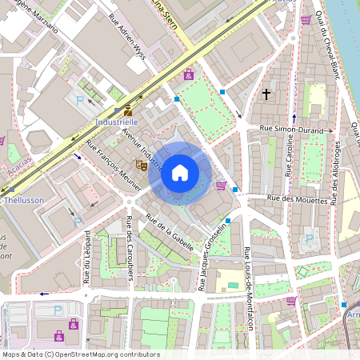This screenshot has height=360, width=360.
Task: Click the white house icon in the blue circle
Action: pos(180,172)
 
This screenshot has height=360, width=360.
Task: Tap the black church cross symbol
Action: pos(266,94)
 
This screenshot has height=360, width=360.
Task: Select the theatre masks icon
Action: pos(140,165)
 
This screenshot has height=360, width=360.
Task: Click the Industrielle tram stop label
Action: pos(118,122)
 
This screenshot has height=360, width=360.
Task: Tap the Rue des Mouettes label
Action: pos(298,199)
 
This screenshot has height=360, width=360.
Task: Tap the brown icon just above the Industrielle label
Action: pos(128,110)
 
